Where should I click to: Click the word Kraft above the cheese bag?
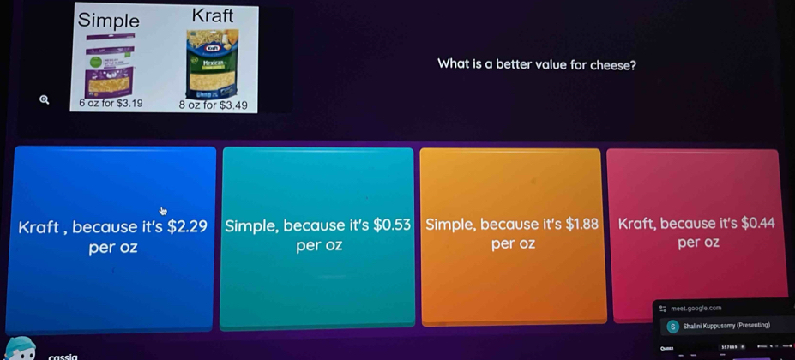[x=212, y=15]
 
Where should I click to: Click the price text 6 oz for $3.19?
[x=111, y=102]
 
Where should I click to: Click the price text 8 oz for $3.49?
[x=213, y=106]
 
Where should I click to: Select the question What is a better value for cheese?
[x=536, y=64]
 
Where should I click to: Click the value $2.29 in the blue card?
[x=187, y=227]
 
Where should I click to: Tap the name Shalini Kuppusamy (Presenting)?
[x=726, y=326]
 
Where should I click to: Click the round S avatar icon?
[x=672, y=326]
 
